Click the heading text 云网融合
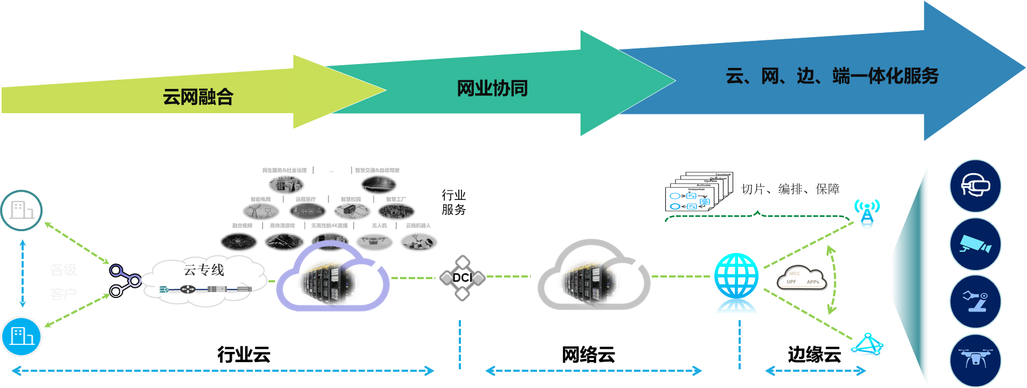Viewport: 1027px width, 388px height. (x=198, y=97)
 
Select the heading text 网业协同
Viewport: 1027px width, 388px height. (x=492, y=88)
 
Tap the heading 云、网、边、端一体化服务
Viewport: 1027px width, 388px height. (x=832, y=76)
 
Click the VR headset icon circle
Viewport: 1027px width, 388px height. (x=975, y=186)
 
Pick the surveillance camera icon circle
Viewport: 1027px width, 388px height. (x=975, y=244)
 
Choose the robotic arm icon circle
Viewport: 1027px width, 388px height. (x=975, y=301)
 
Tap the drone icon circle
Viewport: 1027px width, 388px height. (x=975, y=360)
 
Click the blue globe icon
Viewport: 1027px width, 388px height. (x=736, y=283)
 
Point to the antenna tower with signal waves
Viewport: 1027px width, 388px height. (x=866, y=213)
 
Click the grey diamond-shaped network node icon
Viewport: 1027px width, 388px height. (x=462, y=278)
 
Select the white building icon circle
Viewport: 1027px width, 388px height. (x=22, y=210)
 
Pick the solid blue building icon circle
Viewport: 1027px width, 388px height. (x=22, y=336)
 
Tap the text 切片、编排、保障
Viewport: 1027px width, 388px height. (x=790, y=189)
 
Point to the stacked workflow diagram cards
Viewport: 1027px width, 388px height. (x=699, y=192)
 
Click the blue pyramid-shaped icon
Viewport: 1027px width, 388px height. (x=867, y=345)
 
